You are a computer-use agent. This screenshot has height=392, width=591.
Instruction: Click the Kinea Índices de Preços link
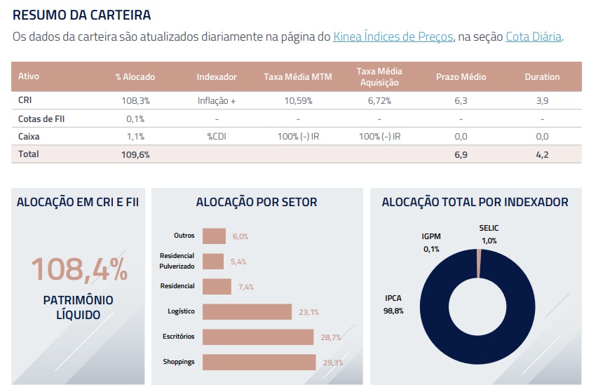pyautogui.click(x=393, y=37)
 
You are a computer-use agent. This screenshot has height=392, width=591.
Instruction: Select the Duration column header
pyautogui.click(x=542, y=77)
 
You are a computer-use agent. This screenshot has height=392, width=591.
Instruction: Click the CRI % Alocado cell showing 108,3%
pyautogui.click(x=135, y=101)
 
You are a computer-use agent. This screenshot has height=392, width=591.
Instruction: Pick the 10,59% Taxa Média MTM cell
pyautogui.click(x=297, y=101)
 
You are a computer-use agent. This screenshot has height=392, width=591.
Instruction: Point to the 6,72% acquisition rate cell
pyautogui.click(x=379, y=101)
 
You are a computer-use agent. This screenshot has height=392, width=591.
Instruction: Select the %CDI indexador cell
pyautogui.click(x=216, y=137)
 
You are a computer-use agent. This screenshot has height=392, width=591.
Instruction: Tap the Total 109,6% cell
pyautogui.click(x=135, y=154)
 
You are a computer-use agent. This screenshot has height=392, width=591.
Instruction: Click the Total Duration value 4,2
pyautogui.click(x=542, y=154)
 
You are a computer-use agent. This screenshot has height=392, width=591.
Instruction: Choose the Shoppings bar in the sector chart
pyautogui.click(x=259, y=362)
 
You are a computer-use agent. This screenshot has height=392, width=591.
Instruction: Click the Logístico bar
pyautogui.click(x=247, y=311)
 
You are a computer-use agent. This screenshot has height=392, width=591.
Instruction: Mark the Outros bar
pyautogui.click(x=214, y=236)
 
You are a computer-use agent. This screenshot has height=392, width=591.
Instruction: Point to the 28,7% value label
pyautogui.click(x=331, y=337)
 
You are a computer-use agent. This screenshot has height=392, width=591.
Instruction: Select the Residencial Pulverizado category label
pyautogui.click(x=177, y=261)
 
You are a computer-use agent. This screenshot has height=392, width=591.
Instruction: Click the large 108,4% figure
pyautogui.click(x=79, y=270)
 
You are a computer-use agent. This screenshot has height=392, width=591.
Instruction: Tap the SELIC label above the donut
pyautogui.click(x=489, y=229)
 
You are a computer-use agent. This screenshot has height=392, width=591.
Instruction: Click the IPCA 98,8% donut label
pyautogui.click(x=393, y=305)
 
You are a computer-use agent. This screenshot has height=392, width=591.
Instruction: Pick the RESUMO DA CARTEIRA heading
pyautogui.click(x=81, y=14)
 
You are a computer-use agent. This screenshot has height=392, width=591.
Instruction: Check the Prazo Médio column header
pyautogui.click(x=461, y=77)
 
